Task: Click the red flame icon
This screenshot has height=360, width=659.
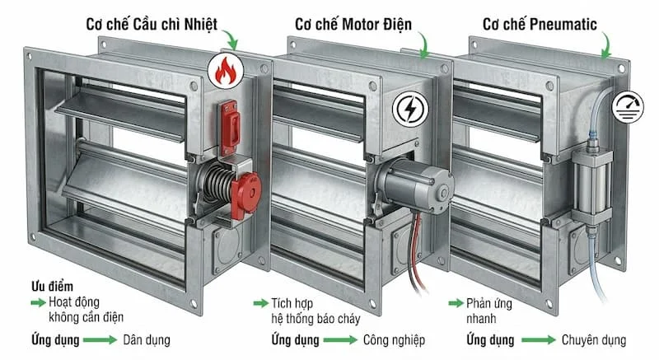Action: (225, 72)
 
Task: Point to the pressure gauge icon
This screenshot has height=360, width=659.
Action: (629, 105)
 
